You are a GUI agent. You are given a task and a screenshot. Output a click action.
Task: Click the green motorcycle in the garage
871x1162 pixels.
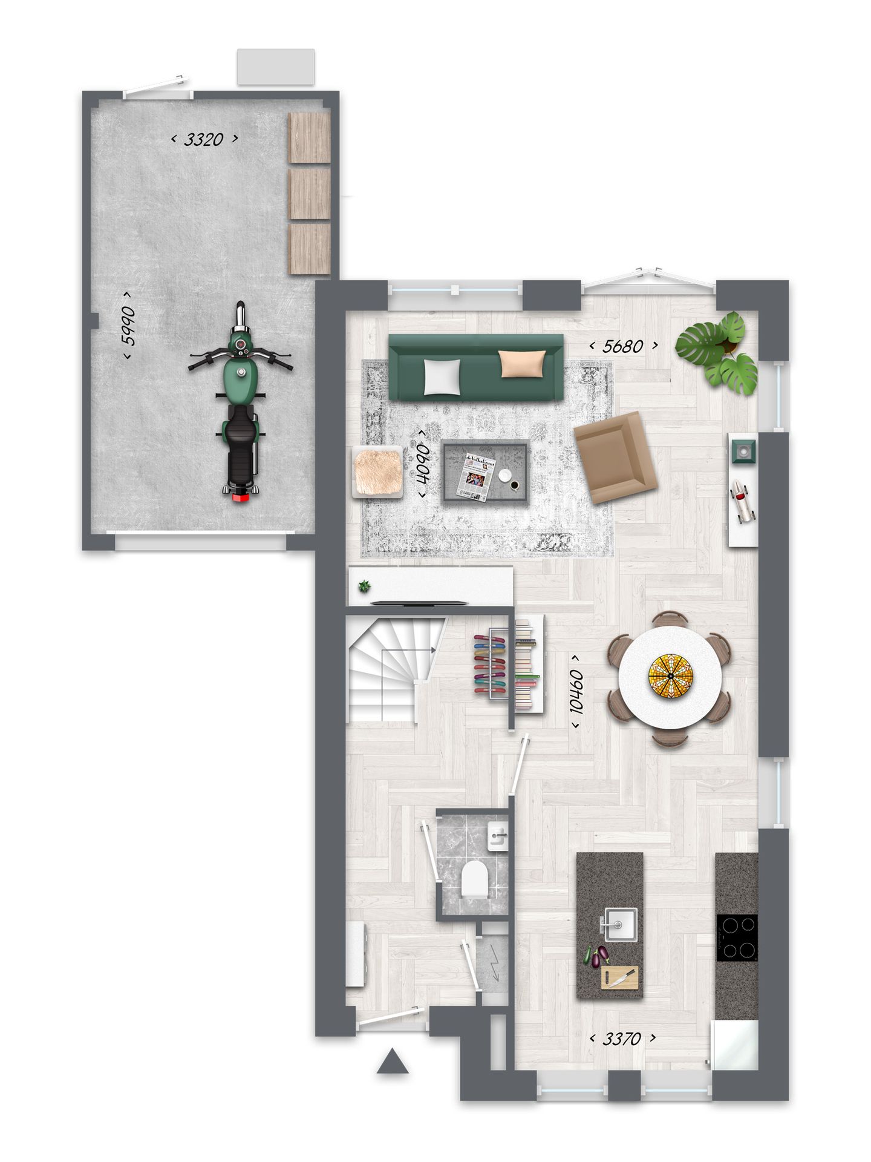[241, 402]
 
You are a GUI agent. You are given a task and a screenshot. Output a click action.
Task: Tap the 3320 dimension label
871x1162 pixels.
[204, 140]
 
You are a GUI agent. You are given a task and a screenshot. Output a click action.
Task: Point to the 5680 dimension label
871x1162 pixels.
[624, 346]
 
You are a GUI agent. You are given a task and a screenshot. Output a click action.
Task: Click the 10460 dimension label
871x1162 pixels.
[576, 691]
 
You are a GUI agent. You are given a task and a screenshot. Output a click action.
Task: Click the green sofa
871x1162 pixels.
[475, 367]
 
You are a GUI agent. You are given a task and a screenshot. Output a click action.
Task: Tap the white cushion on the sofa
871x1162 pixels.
[442, 377]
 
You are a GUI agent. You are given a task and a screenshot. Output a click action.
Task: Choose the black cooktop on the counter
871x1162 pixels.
[736, 937]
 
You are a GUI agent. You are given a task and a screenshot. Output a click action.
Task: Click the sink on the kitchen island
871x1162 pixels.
[618, 924]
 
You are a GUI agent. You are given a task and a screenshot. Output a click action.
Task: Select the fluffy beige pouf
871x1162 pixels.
[378, 472]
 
